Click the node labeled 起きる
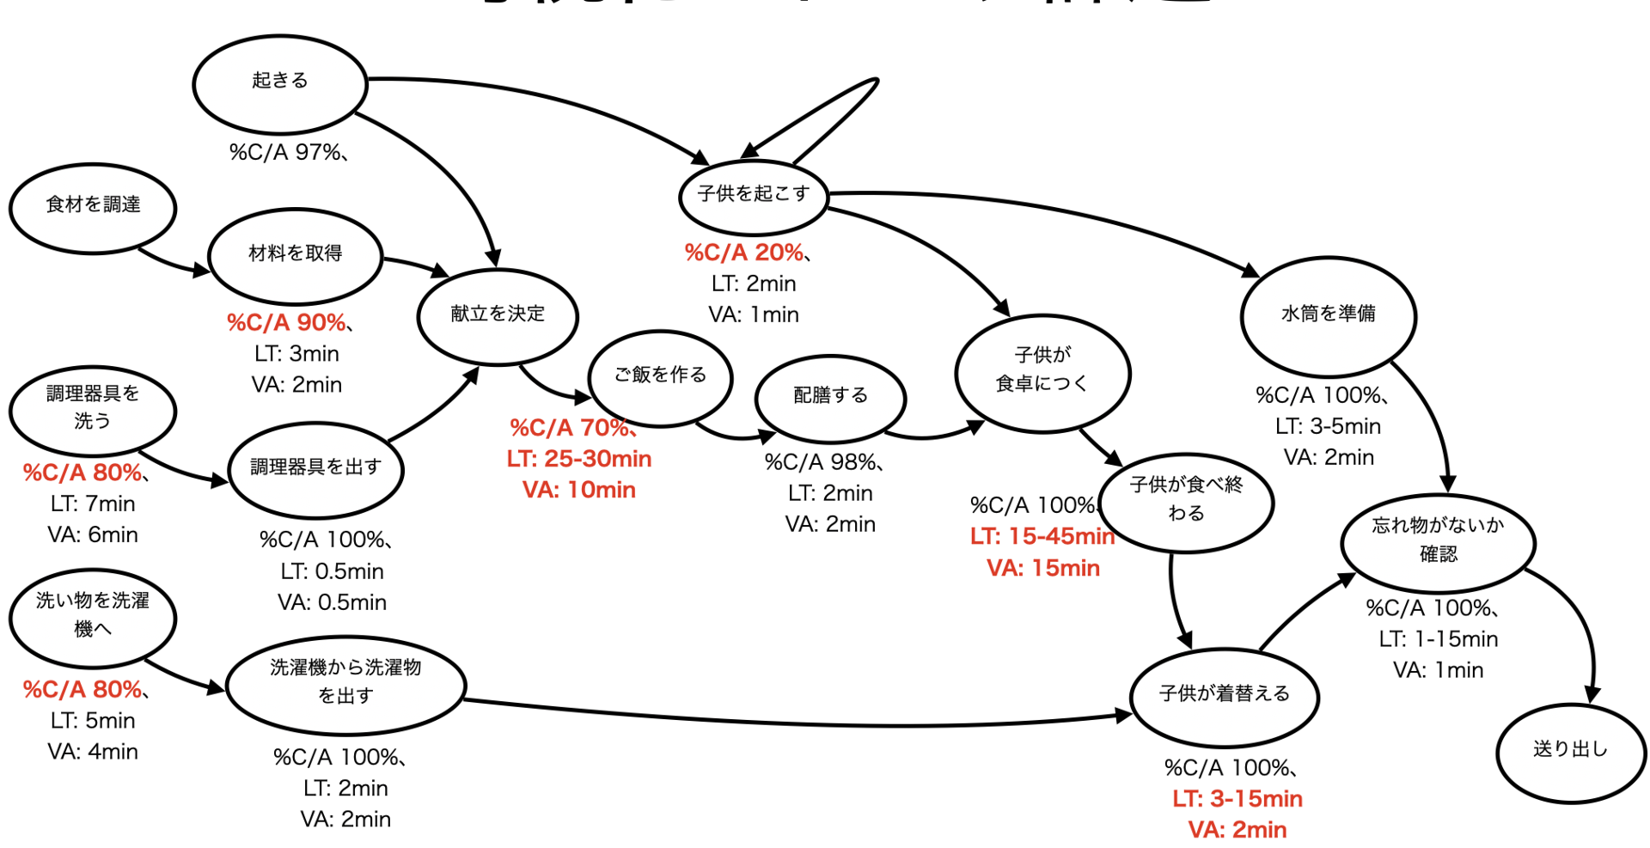point(280,83)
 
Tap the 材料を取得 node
point(295,255)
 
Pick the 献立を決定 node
point(498,315)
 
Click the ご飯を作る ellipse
point(660,377)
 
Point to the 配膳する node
point(830,398)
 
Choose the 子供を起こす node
point(753,197)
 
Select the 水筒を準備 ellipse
point(1328,316)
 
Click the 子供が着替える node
point(1225,696)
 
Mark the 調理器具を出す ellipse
point(315,469)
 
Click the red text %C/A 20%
point(744,253)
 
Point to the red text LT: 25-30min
point(579,459)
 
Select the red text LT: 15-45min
point(1042,537)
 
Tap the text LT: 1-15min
point(1438,639)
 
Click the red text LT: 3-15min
point(1237,799)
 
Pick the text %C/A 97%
point(285,153)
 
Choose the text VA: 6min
point(93,535)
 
